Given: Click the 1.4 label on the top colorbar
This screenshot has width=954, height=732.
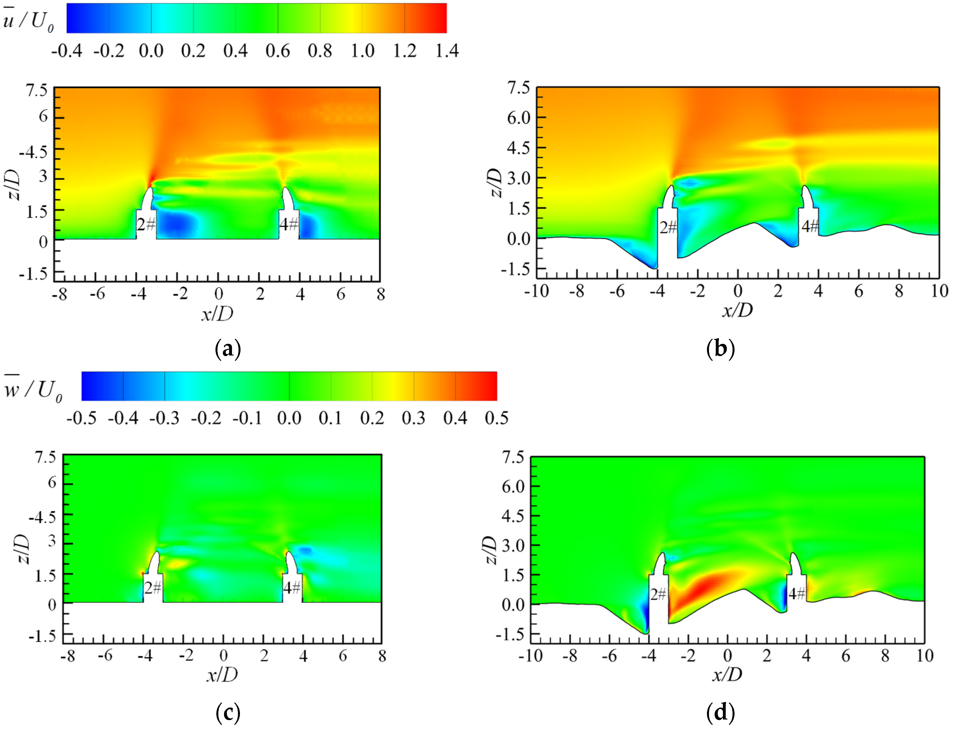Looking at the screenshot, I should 447,51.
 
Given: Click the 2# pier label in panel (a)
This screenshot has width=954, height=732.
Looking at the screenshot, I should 146,224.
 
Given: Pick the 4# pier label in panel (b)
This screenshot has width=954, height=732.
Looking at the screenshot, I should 810,226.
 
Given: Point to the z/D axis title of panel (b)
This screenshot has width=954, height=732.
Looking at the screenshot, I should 495,183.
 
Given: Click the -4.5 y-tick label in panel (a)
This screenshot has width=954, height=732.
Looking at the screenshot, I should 33,152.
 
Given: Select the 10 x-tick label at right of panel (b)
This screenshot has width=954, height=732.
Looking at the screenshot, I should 939,291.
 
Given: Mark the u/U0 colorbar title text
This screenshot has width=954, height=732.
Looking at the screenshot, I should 28,20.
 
